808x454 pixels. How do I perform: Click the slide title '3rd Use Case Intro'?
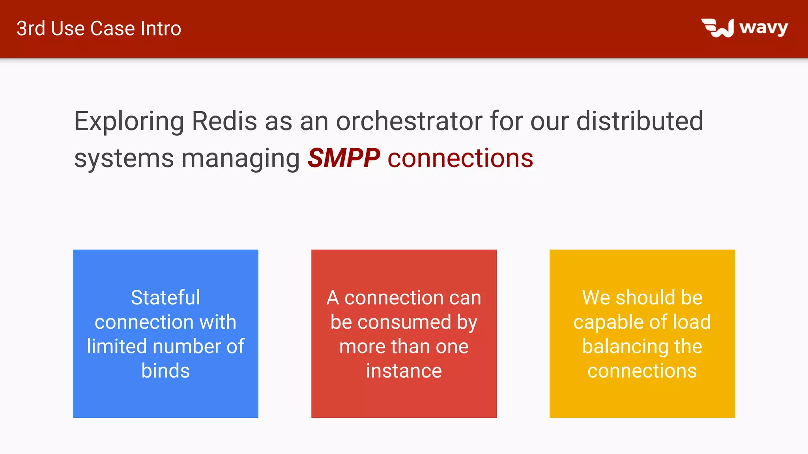[99, 29]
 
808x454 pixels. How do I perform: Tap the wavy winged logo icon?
[717, 28]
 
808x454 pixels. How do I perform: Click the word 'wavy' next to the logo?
[763, 28]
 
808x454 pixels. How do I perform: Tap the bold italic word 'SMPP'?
[344, 158]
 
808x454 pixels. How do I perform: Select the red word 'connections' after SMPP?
[460, 158]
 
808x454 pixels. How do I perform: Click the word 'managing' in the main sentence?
[241, 159]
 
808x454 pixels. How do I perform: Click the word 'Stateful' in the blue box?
[165, 298]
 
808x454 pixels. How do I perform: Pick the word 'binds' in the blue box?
[165, 371]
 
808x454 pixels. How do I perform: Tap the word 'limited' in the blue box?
[116, 346]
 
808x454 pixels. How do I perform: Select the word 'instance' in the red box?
[404, 371]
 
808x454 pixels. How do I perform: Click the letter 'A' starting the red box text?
[333, 298]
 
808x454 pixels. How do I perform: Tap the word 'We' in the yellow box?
[596, 298]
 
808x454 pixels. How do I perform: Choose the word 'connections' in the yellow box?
[642, 371]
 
